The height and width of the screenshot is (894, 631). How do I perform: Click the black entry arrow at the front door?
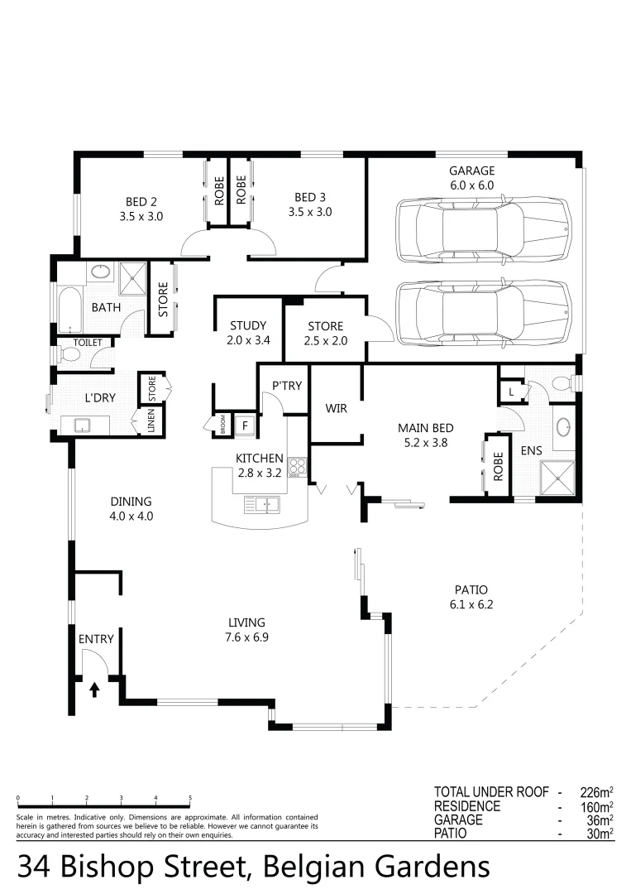point(93,689)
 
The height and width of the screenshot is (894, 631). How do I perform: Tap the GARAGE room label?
point(471,171)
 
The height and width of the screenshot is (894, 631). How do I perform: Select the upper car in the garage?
point(484,227)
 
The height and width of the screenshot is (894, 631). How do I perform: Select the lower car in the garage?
point(484,314)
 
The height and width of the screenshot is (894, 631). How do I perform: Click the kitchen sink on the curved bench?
point(262,503)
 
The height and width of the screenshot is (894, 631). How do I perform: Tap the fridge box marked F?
point(245,426)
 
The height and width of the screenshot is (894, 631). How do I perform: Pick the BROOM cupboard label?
point(222,424)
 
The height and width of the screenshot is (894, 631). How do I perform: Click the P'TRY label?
point(285,386)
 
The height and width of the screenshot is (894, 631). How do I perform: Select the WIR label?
point(336,409)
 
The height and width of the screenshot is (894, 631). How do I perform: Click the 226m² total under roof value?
point(594,791)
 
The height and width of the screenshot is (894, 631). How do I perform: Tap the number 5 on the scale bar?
point(190,798)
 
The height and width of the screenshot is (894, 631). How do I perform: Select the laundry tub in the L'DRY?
point(83,425)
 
